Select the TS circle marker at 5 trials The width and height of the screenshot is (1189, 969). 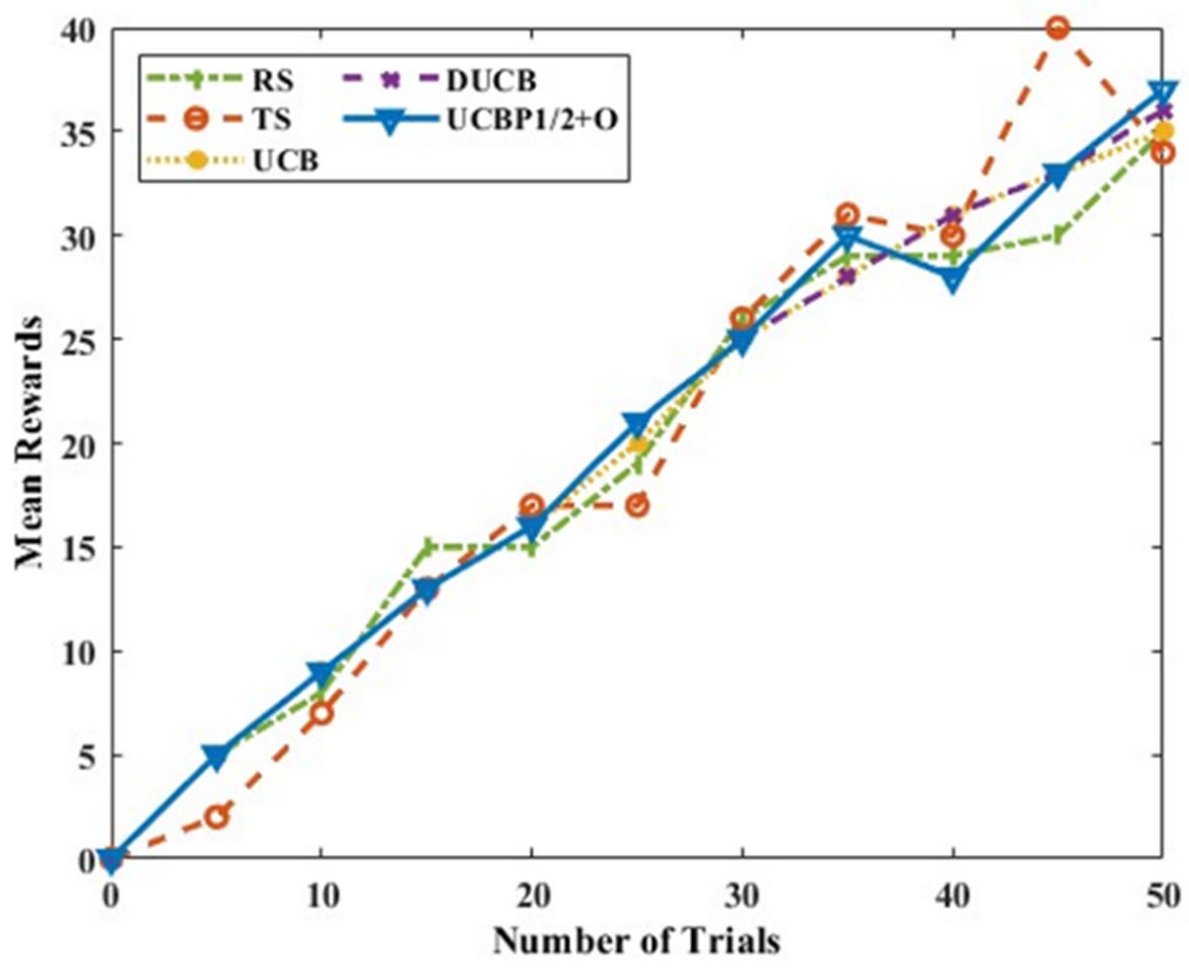(216, 818)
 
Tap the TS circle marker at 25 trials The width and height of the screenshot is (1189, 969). (637, 506)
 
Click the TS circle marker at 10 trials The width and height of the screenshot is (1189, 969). (322, 713)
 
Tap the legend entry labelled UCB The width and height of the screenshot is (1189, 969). (286, 161)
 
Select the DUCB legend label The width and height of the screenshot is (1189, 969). (491, 81)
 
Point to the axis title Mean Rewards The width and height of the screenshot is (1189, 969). (29, 444)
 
